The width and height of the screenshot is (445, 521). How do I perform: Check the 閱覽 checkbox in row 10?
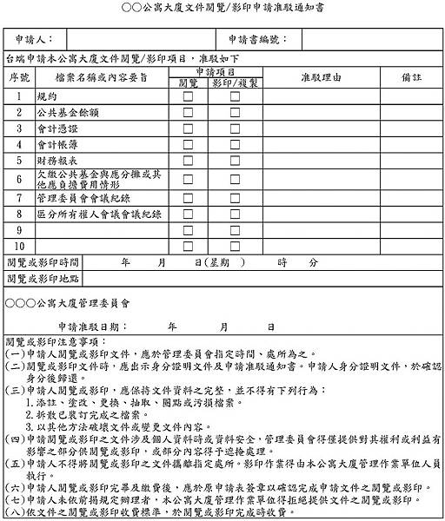pos(187,246)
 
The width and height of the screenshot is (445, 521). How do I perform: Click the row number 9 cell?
pos(19,230)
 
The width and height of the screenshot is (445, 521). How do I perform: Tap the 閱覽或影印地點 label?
pos(43,279)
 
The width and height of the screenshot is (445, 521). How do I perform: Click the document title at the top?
pos(222,9)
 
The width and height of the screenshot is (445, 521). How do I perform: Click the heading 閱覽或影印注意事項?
pos(54,343)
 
